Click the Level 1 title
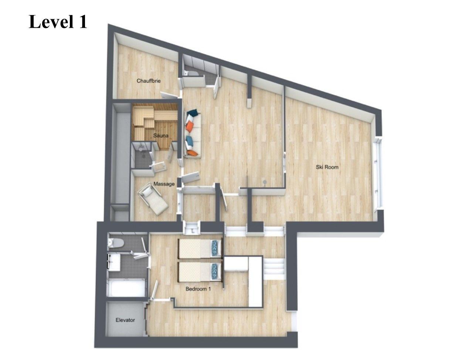coord(58,21)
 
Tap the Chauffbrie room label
coord(149,81)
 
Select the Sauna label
coord(161,136)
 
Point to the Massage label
coord(164,184)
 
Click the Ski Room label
coord(327,167)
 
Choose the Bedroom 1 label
coord(198,289)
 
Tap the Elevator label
coord(125,320)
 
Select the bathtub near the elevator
coord(126,288)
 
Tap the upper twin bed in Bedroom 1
coord(200,249)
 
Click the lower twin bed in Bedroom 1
coord(200,272)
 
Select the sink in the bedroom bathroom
coord(113,262)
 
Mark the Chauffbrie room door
coord(169,95)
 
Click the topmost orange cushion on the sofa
coord(189,126)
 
